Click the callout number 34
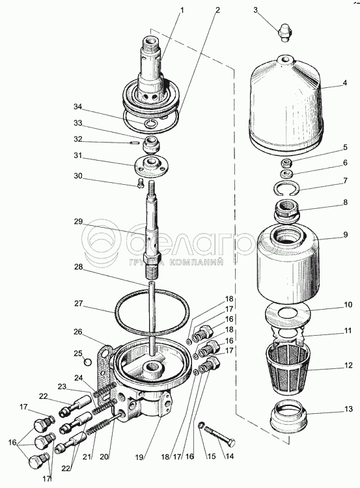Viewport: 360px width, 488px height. coord(77,107)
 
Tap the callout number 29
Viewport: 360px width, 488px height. coord(78,222)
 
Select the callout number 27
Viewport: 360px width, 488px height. coord(79,303)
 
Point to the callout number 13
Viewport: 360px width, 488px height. coord(348,409)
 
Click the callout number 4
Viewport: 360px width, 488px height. coord(345,83)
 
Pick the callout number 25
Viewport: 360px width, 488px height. coord(78,353)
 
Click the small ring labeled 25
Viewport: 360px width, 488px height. coord(88,362)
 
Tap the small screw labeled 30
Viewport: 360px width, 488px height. coord(140,183)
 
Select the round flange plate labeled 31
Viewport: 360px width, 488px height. coord(152,166)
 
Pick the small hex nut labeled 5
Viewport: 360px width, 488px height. coord(286,162)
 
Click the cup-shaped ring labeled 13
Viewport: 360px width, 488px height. coord(288,416)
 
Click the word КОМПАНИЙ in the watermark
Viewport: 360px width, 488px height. coord(197,262)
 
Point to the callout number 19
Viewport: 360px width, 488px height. coord(139,457)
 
